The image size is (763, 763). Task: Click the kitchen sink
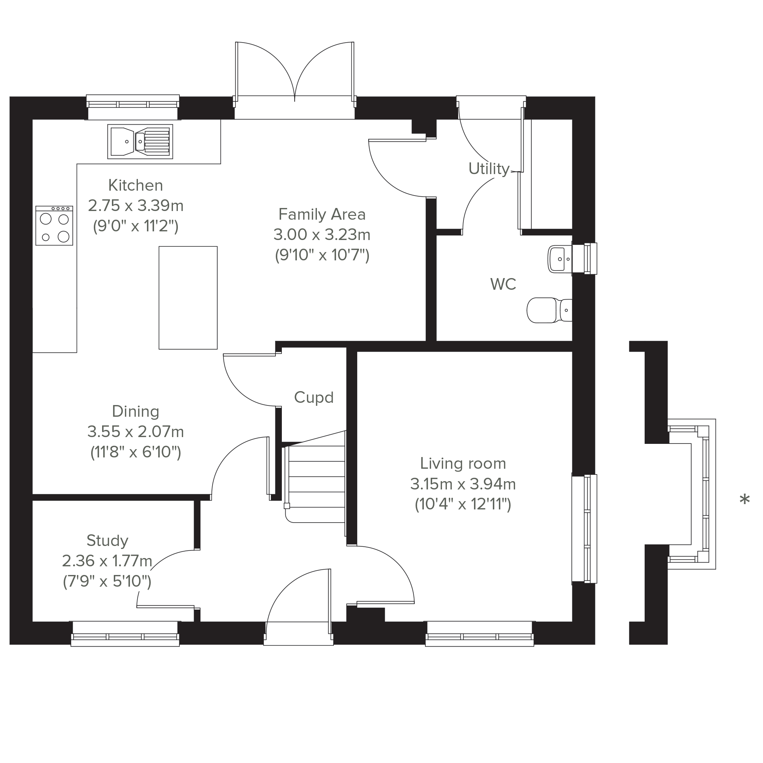pyautogui.click(x=140, y=142)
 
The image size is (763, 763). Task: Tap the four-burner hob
pyautogui.click(x=54, y=225)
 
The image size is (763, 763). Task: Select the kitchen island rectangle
pyautogui.click(x=188, y=298)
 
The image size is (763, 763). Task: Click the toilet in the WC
pyautogui.click(x=549, y=310)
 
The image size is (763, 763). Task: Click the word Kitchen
pyautogui.click(x=136, y=185)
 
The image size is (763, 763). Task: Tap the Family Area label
pyautogui.click(x=322, y=214)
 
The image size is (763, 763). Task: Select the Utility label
pyautogui.click(x=489, y=169)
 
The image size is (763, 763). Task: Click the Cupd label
pyautogui.click(x=314, y=397)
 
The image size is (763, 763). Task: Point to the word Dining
pyautogui.click(x=136, y=411)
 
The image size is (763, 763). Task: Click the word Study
pyautogui.click(x=107, y=541)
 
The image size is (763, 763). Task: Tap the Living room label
pyautogui.click(x=463, y=464)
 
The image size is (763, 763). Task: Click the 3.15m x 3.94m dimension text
pyautogui.click(x=463, y=484)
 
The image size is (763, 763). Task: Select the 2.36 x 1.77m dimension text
pyautogui.click(x=107, y=561)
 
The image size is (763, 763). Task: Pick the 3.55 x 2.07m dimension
pyautogui.click(x=136, y=432)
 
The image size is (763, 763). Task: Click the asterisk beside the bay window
pyautogui.click(x=745, y=500)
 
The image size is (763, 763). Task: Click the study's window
pyautogui.click(x=125, y=634)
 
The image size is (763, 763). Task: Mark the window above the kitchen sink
pyautogui.click(x=133, y=107)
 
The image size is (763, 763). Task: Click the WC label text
pyautogui.click(x=503, y=284)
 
